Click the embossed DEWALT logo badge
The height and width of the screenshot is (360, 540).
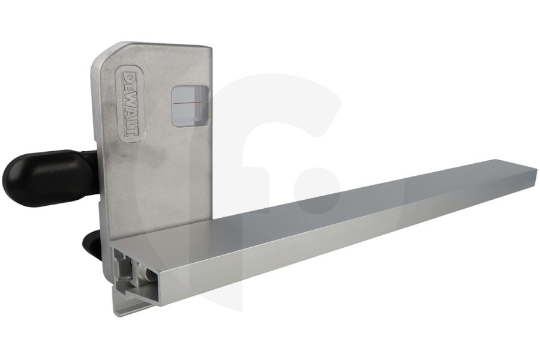(131, 104)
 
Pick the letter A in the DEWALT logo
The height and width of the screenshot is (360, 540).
(131, 112)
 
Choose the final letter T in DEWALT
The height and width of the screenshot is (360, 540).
(131, 132)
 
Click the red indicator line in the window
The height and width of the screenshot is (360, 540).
(187, 103)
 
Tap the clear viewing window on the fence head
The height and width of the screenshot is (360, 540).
(190, 106)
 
